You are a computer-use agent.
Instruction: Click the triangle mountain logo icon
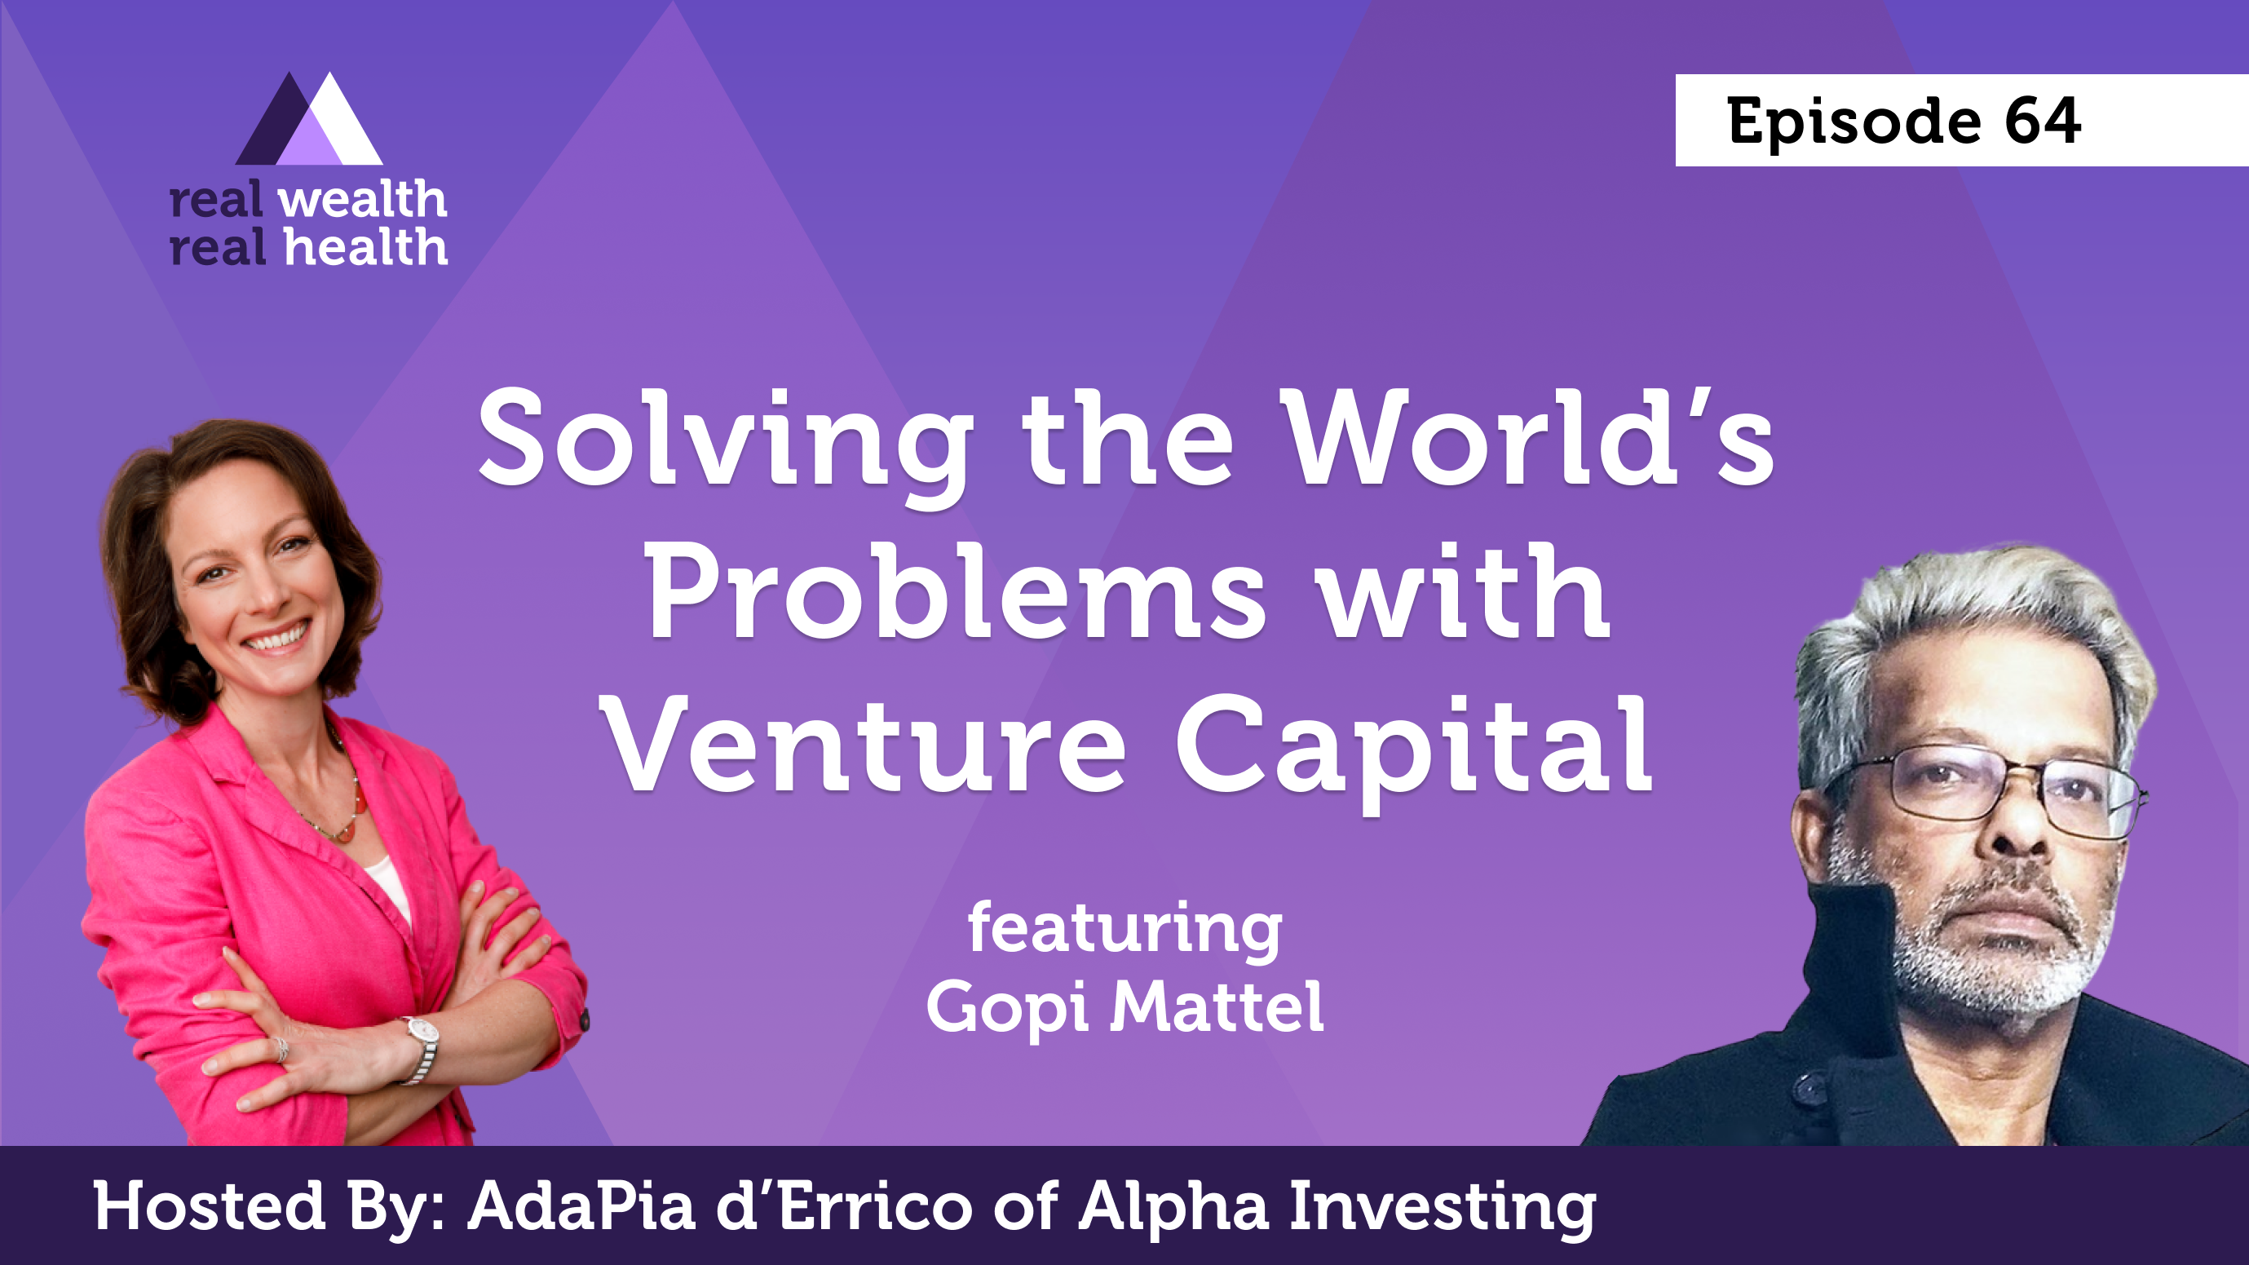(309, 119)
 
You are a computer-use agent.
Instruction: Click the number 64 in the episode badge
(2042, 121)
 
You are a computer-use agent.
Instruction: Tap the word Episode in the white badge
(1854, 123)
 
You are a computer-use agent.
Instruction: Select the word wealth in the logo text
(362, 199)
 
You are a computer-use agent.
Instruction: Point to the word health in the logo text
(366, 246)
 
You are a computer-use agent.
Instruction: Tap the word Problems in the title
(955, 592)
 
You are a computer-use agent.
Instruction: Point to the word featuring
(1124, 931)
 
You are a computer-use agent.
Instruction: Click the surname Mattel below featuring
(1216, 1006)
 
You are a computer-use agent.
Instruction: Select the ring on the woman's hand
(281, 1049)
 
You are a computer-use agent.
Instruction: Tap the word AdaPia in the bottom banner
(581, 1206)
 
